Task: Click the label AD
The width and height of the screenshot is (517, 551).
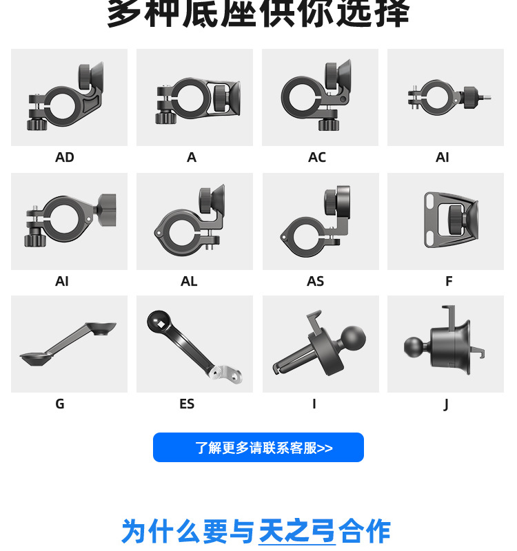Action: (x=65, y=157)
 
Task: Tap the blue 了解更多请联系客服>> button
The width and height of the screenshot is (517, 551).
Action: (x=258, y=448)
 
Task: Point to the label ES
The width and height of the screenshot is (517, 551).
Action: (x=187, y=404)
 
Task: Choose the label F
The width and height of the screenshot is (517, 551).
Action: (x=449, y=281)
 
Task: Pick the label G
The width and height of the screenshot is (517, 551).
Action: (x=60, y=404)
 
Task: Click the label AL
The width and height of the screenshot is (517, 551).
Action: (x=189, y=281)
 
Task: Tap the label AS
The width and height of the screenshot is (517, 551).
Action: (x=315, y=281)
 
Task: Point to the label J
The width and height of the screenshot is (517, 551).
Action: (x=446, y=404)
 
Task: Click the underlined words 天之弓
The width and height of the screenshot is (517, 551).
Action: (x=296, y=531)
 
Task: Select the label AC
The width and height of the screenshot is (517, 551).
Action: (x=317, y=157)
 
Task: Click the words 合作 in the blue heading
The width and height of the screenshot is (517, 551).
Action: (x=364, y=531)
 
